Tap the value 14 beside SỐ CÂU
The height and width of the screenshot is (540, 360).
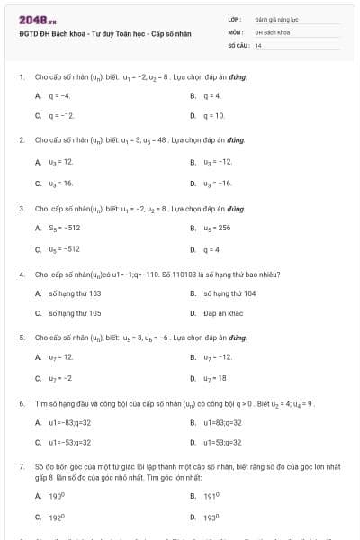pyautogui.click(x=258, y=44)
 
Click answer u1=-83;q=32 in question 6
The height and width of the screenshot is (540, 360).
pyautogui.click(x=70, y=421)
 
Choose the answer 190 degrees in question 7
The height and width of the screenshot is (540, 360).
pyautogui.click(x=59, y=496)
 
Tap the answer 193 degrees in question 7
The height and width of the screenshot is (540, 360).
pyautogui.click(x=213, y=517)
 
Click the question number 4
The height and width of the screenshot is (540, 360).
pyautogui.click(x=21, y=273)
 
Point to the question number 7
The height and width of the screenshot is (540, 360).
pyautogui.click(x=21, y=467)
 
